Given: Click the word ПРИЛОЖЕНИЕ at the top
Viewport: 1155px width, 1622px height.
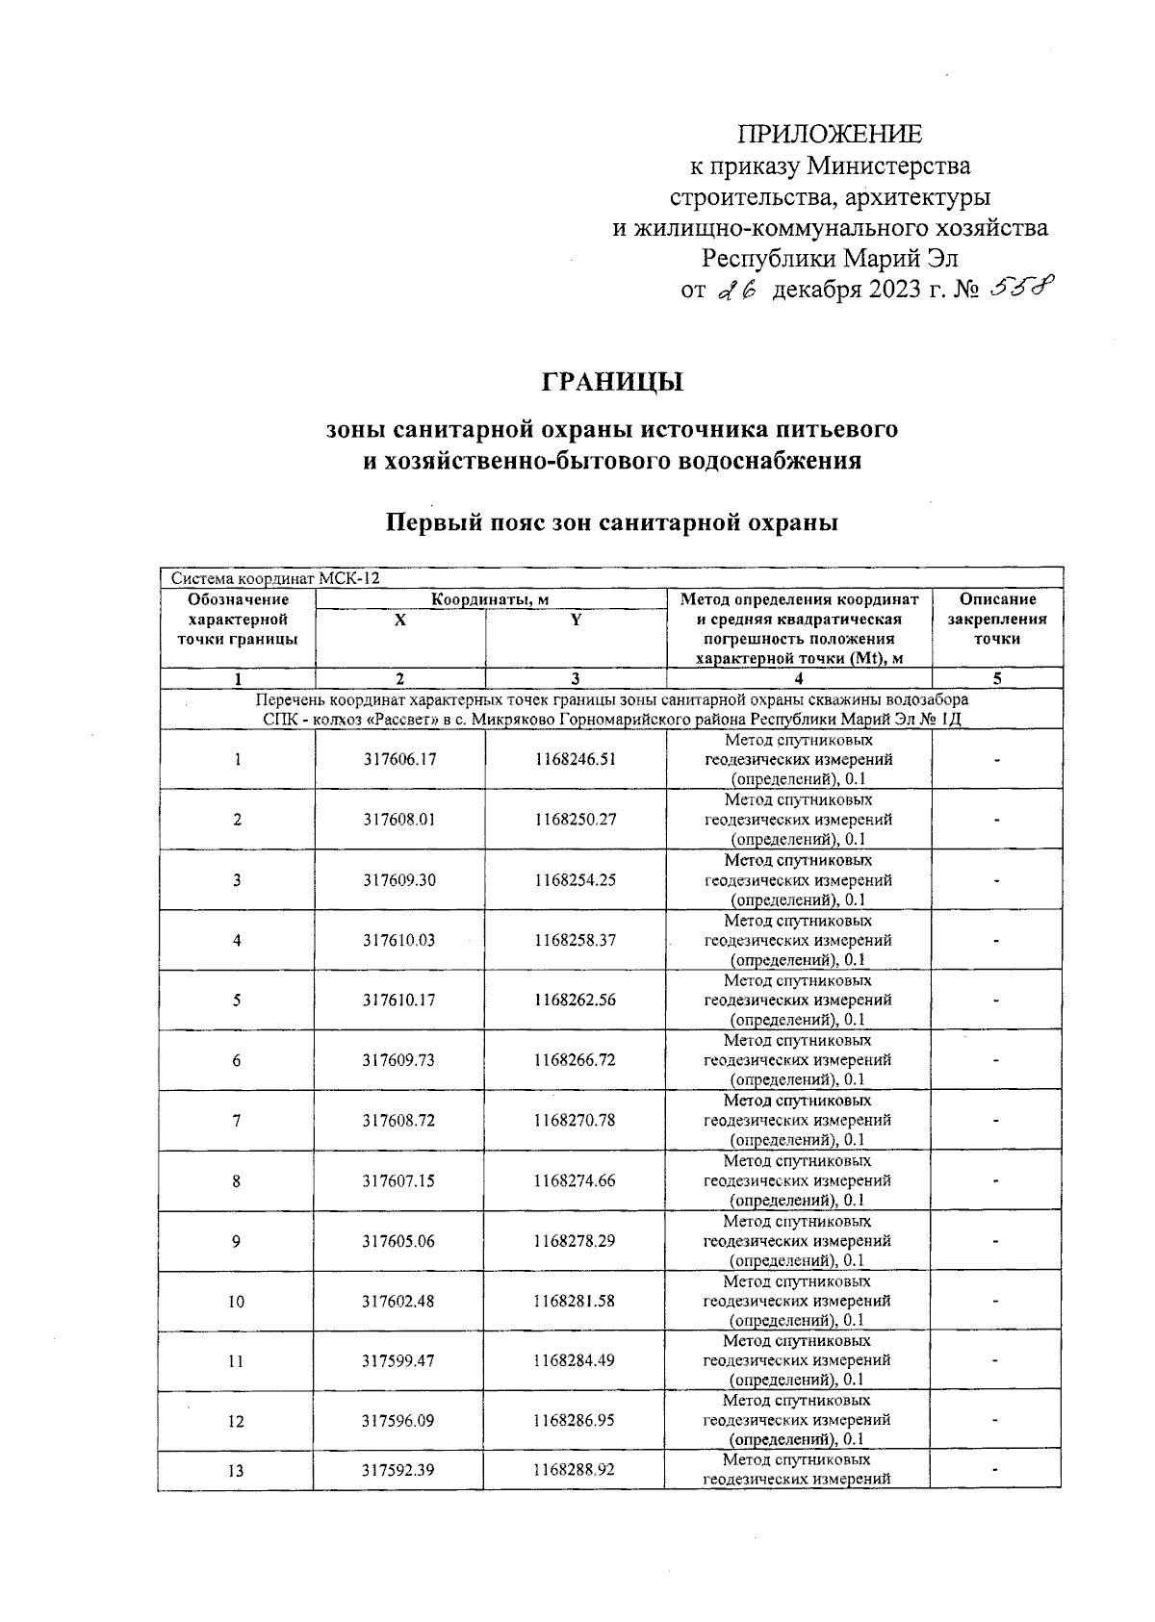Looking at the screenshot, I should point(829,134).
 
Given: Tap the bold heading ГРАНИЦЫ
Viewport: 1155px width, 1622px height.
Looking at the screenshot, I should point(612,382).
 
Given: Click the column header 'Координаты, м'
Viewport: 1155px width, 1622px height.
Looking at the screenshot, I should point(490,599).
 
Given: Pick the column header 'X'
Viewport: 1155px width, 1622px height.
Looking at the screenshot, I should point(400,621).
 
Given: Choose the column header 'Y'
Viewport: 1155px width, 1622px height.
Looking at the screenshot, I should point(576,621).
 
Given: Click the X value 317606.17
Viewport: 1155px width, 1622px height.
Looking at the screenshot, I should point(399,759).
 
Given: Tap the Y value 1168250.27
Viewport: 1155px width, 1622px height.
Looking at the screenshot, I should point(576,820).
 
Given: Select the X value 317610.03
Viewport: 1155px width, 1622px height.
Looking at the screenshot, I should point(399,940).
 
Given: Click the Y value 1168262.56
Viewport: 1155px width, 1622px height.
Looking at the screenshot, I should point(576,1000).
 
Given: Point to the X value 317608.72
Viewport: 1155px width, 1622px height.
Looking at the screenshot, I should point(399,1120).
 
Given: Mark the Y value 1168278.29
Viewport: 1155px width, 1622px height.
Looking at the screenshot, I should point(575,1241).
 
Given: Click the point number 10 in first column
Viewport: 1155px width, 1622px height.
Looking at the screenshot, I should point(236,1302).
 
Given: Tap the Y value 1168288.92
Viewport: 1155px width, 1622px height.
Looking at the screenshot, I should point(575,1470).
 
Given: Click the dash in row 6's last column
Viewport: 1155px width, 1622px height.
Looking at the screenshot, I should point(997,1060).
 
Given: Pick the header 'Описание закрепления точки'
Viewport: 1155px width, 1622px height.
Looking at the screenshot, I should point(997,619).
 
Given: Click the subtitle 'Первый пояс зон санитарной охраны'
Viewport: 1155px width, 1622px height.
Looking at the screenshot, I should point(612,522).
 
